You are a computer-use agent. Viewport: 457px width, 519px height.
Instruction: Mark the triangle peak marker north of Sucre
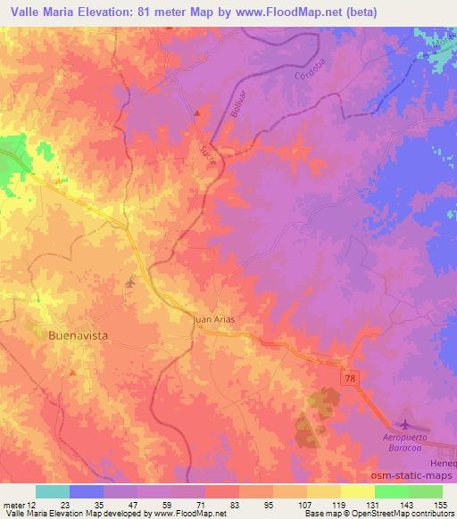(198, 112)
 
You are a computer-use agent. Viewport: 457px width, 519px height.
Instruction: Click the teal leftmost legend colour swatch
(53, 491)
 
